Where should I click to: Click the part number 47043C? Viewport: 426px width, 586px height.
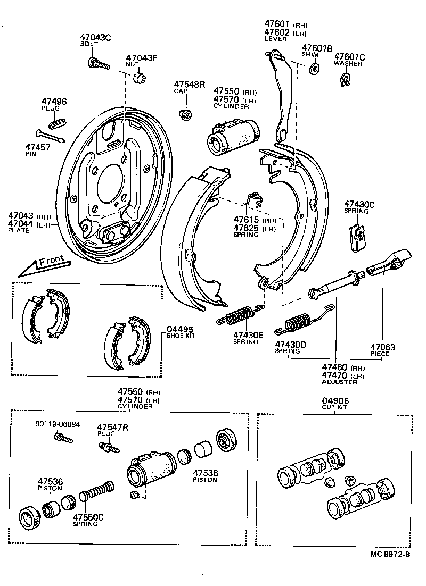95,37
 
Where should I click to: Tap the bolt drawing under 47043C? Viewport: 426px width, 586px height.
97,63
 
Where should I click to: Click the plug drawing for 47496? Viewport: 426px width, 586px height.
57,122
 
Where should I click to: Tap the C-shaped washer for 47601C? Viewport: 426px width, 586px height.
346,80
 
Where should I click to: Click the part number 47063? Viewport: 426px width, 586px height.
384,347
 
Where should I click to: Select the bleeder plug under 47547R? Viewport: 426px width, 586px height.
109,448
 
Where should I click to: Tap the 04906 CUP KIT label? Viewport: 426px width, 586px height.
334,404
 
